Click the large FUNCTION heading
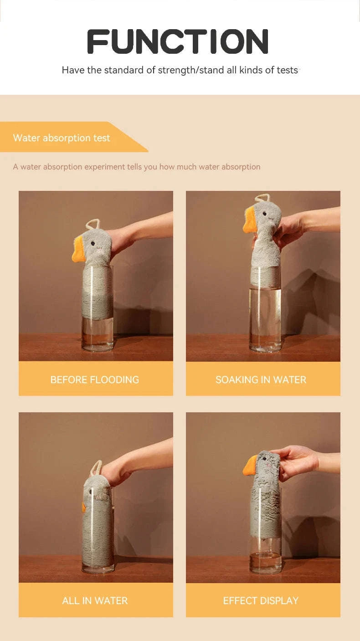click(178, 41)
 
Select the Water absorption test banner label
click(62, 138)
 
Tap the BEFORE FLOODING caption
click(95, 379)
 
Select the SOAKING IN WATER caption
click(261, 379)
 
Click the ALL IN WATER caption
click(95, 600)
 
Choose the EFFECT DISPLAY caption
click(261, 600)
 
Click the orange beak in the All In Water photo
click(84, 506)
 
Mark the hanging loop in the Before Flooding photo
click(93, 224)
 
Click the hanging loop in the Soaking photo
click(263, 198)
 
